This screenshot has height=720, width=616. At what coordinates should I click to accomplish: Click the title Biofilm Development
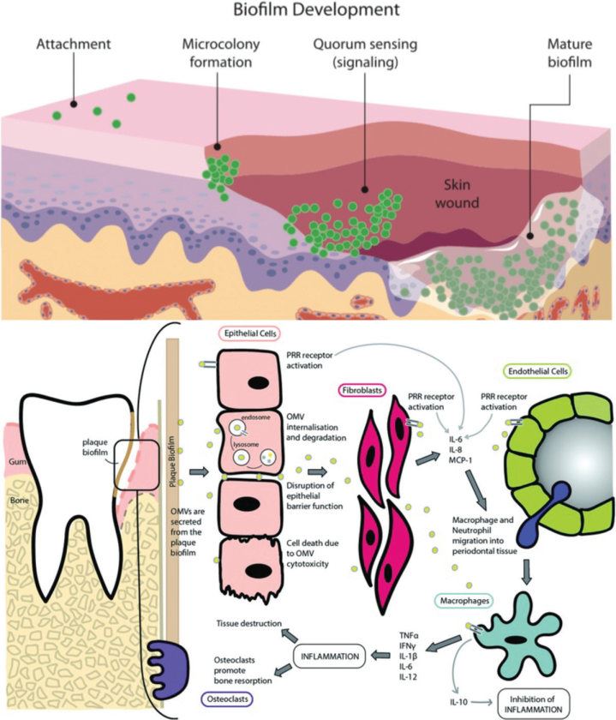click(308, 11)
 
